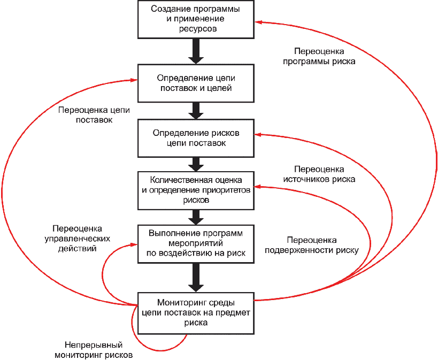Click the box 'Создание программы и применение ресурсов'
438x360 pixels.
pos(195,19)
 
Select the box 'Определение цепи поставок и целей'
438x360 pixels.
pos(195,83)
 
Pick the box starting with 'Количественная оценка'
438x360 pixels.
pos(195,190)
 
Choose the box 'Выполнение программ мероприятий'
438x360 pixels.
pos(195,243)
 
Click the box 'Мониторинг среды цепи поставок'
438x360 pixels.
pos(195,313)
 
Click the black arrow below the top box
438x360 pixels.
pos(196,51)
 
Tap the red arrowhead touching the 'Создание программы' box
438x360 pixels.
pos(257,22)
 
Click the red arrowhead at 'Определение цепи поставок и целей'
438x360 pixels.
pos(135,81)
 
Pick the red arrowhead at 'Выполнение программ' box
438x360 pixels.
pos(135,244)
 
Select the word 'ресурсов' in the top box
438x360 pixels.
pos(197,29)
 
